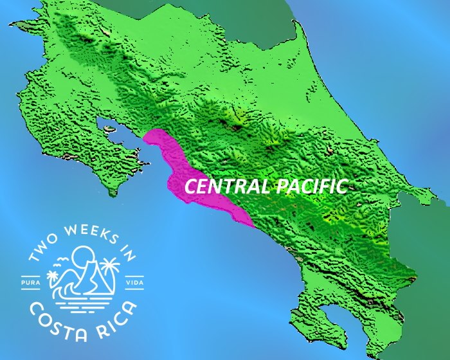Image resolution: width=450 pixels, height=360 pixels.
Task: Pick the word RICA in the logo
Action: pyautogui.click(x=118, y=310)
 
